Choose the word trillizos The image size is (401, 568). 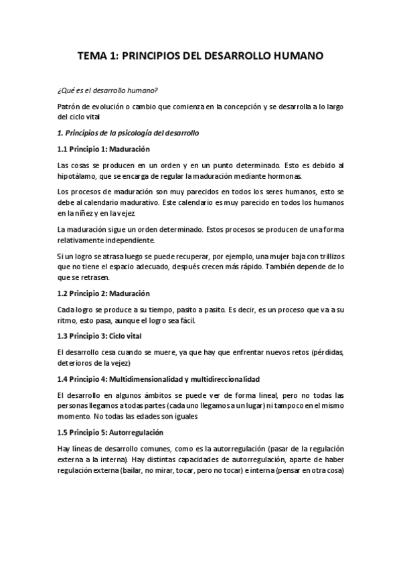click(x=327, y=257)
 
